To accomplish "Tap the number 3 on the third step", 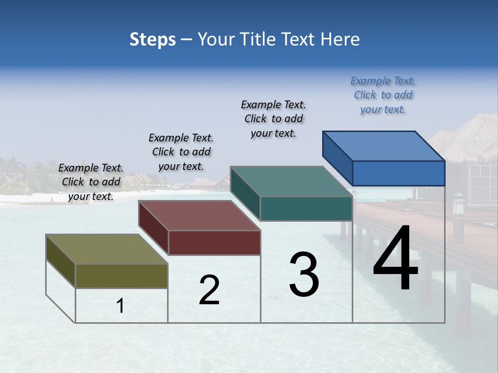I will (x=304, y=275).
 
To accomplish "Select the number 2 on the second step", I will (x=209, y=290).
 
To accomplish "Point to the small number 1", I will (x=120, y=306).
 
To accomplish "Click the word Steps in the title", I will (x=153, y=39).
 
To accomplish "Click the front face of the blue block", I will (x=398, y=173).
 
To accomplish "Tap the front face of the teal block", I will (x=306, y=208).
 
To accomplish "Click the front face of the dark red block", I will (x=214, y=242).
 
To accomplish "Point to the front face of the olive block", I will (x=121, y=276).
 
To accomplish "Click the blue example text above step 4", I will (x=383, y=95).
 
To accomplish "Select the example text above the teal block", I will (x=273, y=119).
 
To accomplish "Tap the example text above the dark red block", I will (x=181, y=152).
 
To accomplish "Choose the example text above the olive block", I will (x=91, y=182).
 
